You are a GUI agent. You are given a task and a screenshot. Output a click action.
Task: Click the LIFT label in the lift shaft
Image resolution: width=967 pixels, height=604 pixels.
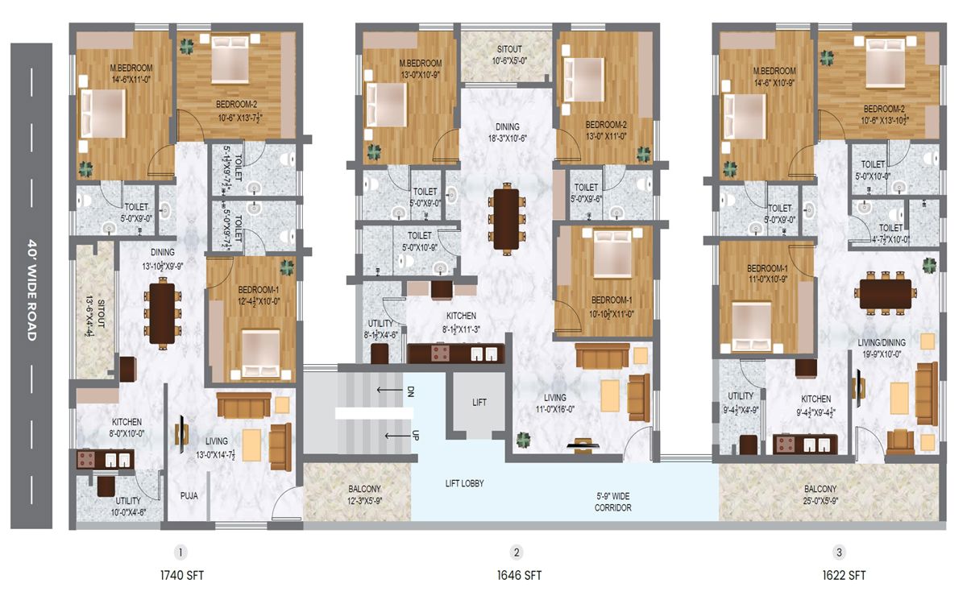click(479, 403)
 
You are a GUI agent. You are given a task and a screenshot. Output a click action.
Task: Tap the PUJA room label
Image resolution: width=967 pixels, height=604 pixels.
click(189, 496)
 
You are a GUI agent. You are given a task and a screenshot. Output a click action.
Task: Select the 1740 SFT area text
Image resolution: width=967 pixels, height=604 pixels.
click(182, 576)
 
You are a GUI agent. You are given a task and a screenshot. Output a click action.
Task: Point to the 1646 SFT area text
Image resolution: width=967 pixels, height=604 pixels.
click(519, 576)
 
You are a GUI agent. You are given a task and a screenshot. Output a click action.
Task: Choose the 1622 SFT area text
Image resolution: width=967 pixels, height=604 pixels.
click(844, 576)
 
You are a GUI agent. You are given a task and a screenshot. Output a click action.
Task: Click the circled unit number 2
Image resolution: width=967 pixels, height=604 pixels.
click(517, 552)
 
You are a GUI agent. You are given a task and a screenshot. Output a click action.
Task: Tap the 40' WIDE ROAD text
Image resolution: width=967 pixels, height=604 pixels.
click(32, 290)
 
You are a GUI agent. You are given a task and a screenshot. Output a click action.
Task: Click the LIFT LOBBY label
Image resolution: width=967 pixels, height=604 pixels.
click(464, 484)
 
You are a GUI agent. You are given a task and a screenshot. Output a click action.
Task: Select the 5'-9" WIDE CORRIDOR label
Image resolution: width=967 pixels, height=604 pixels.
click(613, 503)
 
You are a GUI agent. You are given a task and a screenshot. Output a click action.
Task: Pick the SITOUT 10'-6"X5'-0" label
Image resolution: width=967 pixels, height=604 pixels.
click(509, 56)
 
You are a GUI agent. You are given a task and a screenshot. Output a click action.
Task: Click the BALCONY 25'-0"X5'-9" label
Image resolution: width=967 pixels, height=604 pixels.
click(820, 495)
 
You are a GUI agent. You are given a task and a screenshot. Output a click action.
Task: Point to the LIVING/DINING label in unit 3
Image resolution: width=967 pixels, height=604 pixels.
click(882, 343)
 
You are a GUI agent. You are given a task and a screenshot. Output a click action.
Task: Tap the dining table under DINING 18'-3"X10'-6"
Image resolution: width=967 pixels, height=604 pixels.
click(507, 219)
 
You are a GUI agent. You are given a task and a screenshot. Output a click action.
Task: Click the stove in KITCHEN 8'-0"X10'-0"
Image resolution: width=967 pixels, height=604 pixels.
click(86, 460)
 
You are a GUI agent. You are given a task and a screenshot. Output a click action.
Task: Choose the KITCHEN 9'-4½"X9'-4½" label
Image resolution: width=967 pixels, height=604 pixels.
click(816, 406)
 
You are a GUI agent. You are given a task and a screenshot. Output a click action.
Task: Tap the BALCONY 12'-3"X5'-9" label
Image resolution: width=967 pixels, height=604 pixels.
click(365, 494)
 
